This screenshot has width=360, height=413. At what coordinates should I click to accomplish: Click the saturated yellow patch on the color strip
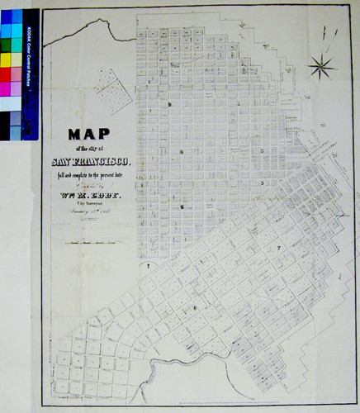click(5, 59)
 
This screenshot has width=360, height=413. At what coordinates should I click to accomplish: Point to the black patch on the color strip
click(5, 125)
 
